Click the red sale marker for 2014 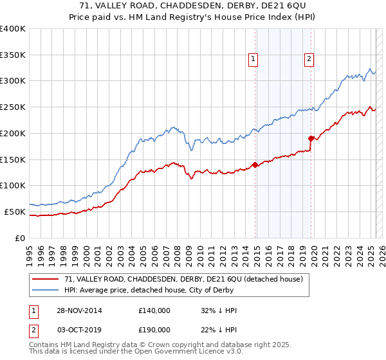(x=255, y=164)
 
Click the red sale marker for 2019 (x=311, y=138)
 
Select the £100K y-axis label (x=13, y=185)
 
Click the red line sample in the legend (x=46, y=279)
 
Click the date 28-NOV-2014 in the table (x=80, y=310)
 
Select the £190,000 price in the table (x=154, y=329)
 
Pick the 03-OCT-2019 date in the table (x=80, y=329)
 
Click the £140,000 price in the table (x=154, y=310)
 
